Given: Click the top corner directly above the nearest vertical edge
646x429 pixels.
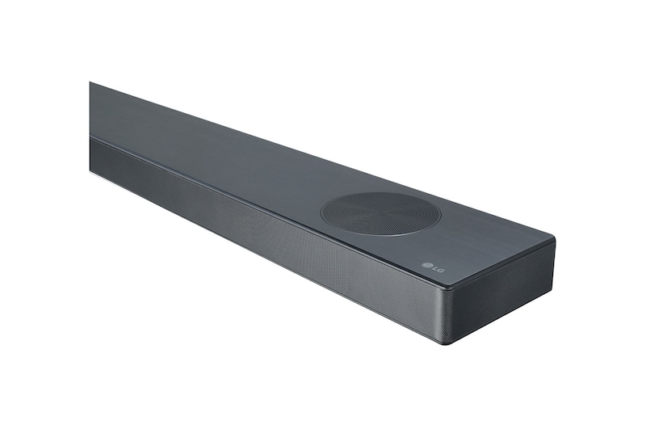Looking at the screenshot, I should (x=447, y=285).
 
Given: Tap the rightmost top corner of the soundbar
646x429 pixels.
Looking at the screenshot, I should (x=554, y=241).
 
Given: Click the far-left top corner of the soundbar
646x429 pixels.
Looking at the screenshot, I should (x=90, y=83).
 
